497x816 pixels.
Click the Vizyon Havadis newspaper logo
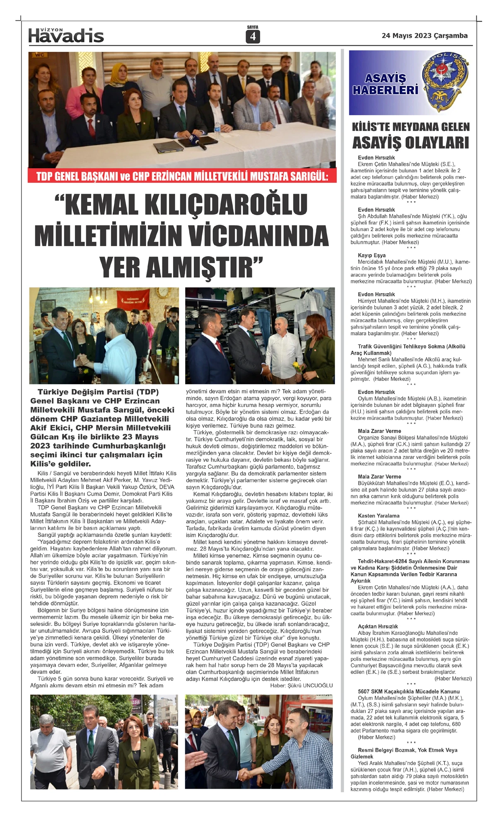[x=66, y=36]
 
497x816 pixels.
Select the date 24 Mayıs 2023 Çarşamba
[x=425, y=36]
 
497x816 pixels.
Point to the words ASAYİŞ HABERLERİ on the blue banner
[x=385, y=84]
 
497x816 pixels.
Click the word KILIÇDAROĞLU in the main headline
[x=187, y=204]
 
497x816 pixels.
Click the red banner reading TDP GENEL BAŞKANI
[x=182, y=176]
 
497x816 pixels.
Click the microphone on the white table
[x=198, y=143]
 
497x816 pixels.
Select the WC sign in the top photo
[x=40, y=55]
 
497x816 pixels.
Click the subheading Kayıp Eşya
[x=372, y=255]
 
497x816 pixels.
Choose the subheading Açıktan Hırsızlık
[x=378, y=627]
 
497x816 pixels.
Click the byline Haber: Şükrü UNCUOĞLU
[x=301, y=685]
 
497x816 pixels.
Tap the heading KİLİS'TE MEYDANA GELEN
[x=410, y=127]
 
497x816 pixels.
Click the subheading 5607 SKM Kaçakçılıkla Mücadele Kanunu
[x=408, y=692]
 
